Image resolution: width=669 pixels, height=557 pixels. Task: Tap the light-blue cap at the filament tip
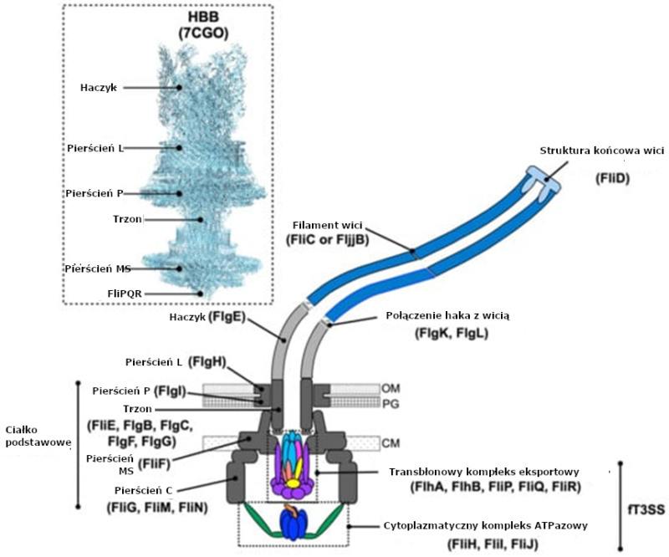pos(544,174)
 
